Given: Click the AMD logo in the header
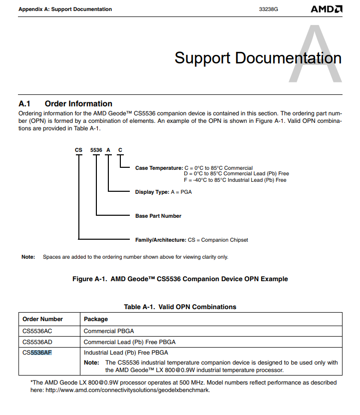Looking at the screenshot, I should point(327,9).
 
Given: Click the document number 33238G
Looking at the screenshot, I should point(269,9).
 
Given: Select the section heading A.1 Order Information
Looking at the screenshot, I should point(65,104).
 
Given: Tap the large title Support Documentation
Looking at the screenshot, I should point(258,58).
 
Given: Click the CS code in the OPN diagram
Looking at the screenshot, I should point(78,150).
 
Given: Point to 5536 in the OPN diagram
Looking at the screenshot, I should point(96,150).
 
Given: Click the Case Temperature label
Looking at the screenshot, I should point(159,168).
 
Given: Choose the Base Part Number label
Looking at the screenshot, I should point(158,216).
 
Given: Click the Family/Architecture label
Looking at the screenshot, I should point(160,240).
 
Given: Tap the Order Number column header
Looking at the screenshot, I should point(43,319).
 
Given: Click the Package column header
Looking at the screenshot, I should point(96,319).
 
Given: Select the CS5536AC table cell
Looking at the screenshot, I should point(37,331).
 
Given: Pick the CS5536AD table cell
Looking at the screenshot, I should point(37,342).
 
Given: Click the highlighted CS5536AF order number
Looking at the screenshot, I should point(37,353).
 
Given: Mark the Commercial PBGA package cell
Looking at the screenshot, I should point(109,331).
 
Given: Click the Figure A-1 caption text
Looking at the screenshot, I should point(180,279).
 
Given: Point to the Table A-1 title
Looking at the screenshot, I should point(180,307).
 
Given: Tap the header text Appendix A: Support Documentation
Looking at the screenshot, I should point(65,9).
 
